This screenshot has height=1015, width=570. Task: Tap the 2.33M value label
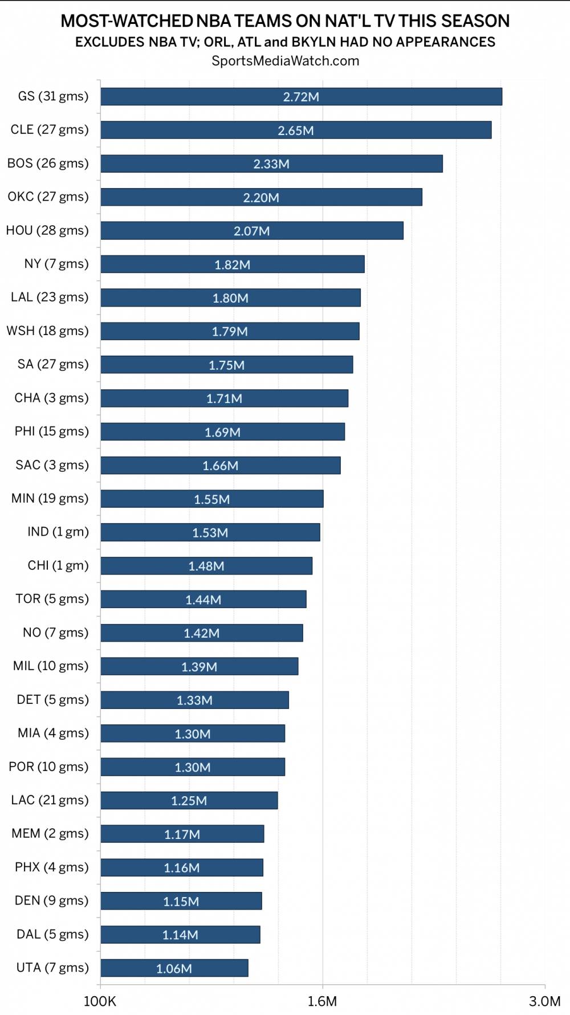point(271,164)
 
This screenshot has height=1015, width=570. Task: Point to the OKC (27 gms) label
point(48,197)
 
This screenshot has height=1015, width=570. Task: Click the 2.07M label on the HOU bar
point(251,231)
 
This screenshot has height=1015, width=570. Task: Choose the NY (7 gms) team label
point(56,264)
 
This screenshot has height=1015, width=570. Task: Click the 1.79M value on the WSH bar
point(230,332)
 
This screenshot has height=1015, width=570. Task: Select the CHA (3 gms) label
point(51,398)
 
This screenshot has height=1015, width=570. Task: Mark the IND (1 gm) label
point(58,532)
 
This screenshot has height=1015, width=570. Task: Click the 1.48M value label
point(206,566)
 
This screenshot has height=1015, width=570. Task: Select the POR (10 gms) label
point(48,767)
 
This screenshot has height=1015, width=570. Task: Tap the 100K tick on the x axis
point(100,1001)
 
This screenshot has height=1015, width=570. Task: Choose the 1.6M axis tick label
point(322,1001)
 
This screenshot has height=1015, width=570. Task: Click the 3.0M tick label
point(544,1001)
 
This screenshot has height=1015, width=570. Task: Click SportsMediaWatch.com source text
point(285,61)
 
